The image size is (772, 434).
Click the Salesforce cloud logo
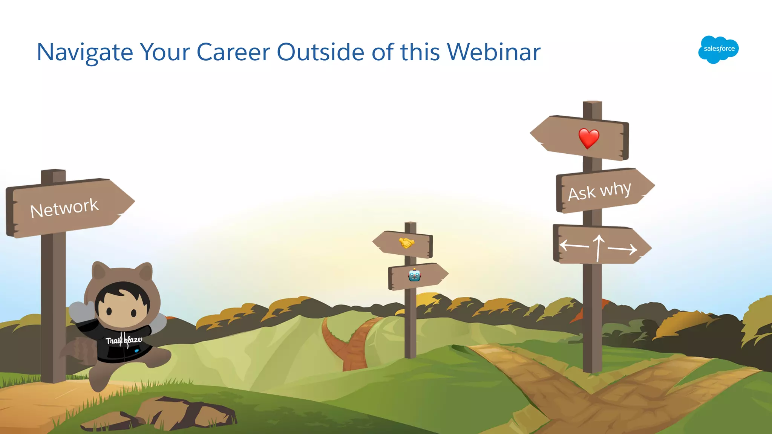(718, 49)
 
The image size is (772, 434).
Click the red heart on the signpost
(588, 138)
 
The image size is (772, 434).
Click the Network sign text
(64, 208)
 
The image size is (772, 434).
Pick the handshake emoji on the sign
(406, 243)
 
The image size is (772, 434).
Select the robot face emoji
(414, 275)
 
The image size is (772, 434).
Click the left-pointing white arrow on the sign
(574, 246)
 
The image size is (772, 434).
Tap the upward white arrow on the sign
(599, 248)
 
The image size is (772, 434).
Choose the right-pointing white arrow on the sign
(622, 249)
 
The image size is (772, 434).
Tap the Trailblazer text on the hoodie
(124, 341)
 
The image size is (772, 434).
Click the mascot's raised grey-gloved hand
(81, 310)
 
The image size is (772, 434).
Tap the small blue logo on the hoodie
(136, 351)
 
